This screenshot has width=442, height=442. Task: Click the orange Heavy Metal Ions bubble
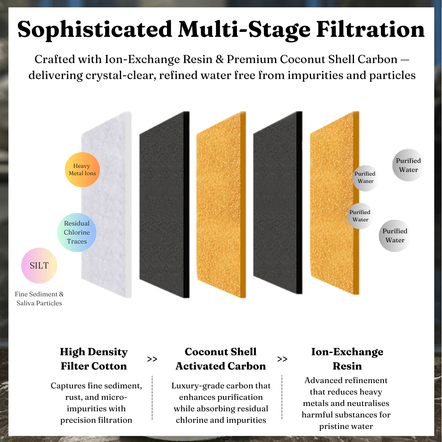tap(82, 170)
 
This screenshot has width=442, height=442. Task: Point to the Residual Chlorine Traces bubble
tap(77, 232)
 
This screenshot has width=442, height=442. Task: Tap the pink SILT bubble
tap(39, 266)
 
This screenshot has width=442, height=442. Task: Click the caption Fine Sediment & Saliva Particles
tap(39, 299)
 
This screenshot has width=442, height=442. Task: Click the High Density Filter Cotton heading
tap(94, 359)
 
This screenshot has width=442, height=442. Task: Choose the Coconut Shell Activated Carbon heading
tap(221, 359)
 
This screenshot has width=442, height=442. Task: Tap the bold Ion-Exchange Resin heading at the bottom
tap(347, 359)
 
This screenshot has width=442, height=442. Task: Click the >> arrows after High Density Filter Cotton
tap(152, 359)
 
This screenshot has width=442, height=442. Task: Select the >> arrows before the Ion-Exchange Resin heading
tap(282, 359)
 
